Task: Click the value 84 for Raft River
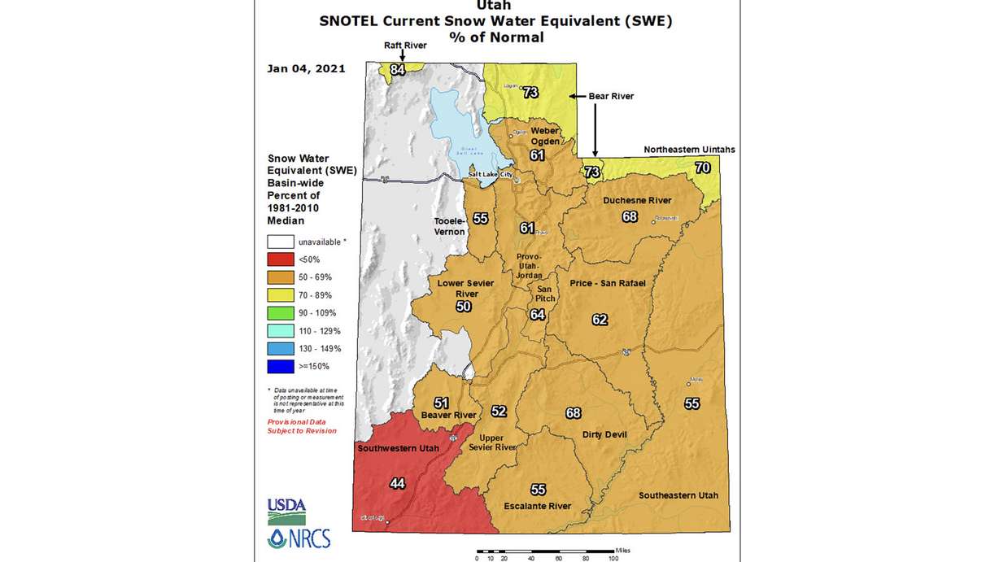(397, 70)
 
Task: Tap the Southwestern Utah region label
(395, 448)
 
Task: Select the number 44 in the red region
(397, 484)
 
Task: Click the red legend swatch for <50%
(280, 259)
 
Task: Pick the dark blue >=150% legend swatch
(280, 367)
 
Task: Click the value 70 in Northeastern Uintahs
(703, 168)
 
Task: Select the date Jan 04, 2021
(306, 68)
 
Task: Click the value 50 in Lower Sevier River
(463, 307)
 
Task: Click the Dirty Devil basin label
(604, 434)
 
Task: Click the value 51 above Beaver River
(441, 403)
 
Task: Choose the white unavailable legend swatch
(280, 242)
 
